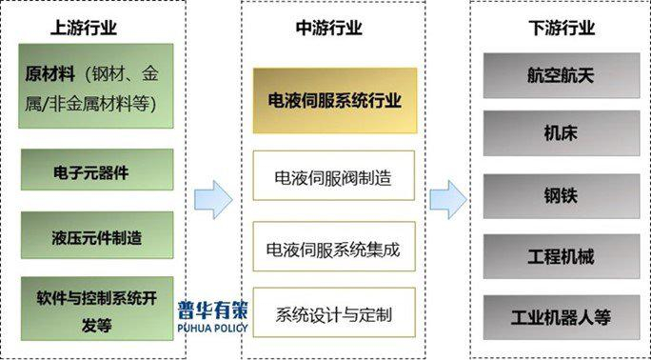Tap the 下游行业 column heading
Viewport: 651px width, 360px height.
point(562,28)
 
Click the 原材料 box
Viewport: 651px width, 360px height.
point(96,86)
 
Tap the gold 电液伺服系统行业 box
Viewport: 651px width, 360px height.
point(334,100)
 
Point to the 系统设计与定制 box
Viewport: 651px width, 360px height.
point(334,313)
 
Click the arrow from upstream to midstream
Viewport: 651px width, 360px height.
point(213,200)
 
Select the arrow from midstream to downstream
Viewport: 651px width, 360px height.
point(447,200)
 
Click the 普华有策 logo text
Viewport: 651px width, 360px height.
point(211,310)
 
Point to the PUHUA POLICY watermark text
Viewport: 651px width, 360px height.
point(211,329)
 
